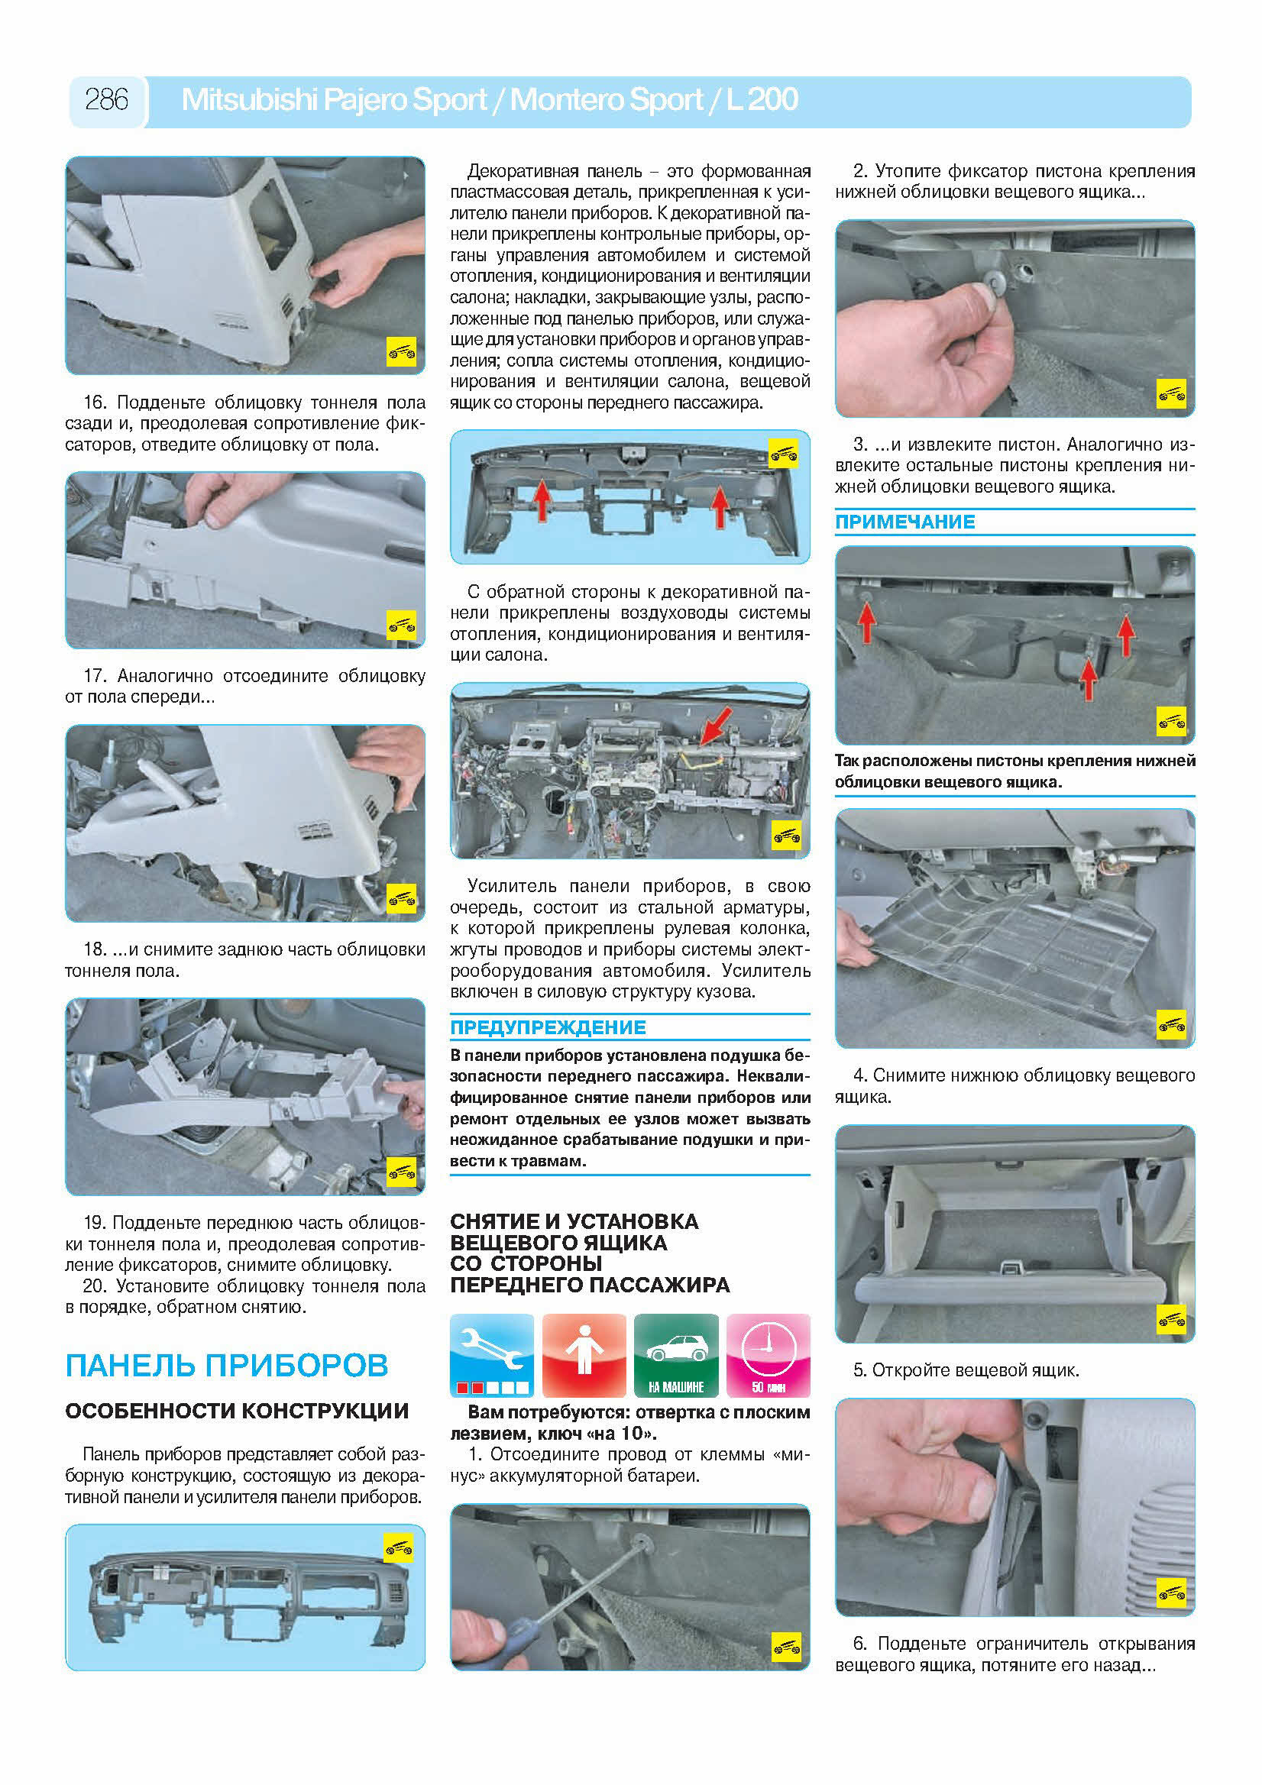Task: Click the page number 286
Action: [x=106, y=99]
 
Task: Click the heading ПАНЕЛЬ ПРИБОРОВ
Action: [x=226, y=1365]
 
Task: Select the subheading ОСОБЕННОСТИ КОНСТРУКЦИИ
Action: [x=236, y=1411]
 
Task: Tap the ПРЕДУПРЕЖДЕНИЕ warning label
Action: [x=548, y=1027]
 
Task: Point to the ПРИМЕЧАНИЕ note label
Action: [x=904, y=522]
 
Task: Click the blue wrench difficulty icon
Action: [x=491, y=1355]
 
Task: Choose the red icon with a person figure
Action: [x=584, y=1355]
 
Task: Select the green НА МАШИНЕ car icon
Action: [x=676, y=1355]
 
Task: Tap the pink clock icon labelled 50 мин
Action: [x=769, y=1355]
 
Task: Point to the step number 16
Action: [x=94, y=403]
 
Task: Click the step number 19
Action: [x=94, y=1223]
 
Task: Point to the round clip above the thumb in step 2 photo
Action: [x=995, y=277]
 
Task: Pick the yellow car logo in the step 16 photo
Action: [x=401, y=352]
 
